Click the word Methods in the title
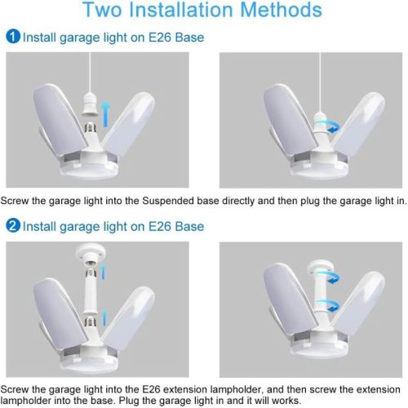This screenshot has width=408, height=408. pos(281,10)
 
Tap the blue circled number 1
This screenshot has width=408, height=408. pos(13,36)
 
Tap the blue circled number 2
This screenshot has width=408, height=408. pos(13,226)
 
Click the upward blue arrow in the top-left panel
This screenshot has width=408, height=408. pos(106,114)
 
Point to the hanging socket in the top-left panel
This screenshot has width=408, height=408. pos(90,104)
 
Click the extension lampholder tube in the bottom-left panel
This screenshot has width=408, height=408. pos(91,294)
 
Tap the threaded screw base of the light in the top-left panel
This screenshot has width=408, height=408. pos(91,128)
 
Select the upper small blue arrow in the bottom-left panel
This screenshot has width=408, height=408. pos(103,272)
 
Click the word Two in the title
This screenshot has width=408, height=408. pos(103,10)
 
